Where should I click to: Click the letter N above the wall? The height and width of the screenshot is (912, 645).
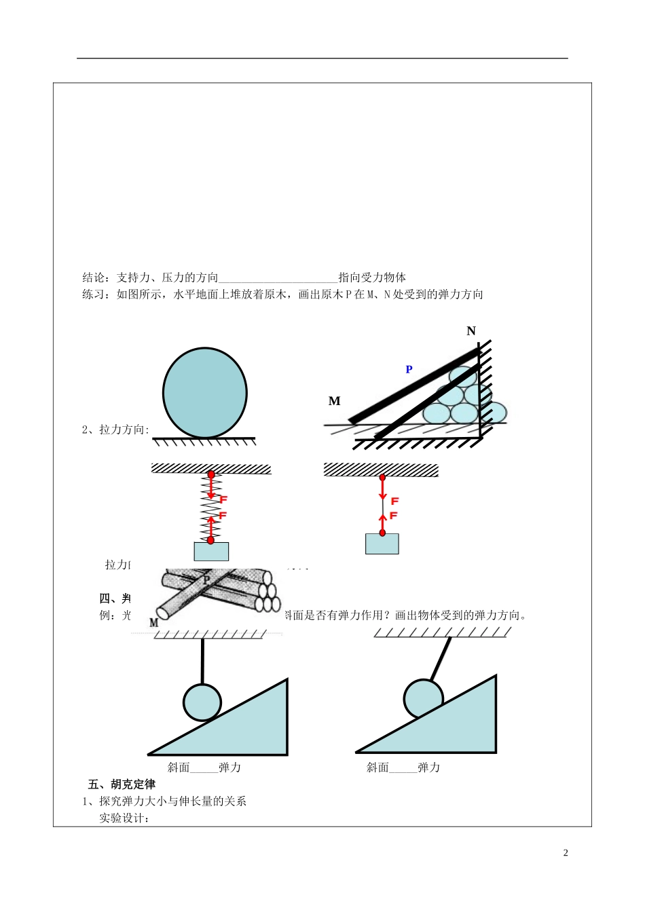[471, 331]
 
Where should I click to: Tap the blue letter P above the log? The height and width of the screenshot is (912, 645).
[409, 370]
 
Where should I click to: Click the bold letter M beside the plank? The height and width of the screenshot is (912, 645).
[334, 401]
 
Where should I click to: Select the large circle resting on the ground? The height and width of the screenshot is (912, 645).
[204, 394]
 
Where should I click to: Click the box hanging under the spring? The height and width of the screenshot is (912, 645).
[210, 551]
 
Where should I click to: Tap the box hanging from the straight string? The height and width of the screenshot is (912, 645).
[382, 544]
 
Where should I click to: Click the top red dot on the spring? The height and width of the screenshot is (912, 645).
[211, 475]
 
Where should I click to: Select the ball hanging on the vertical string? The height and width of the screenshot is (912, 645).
[202, 702]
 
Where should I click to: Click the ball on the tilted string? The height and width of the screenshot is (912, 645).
[423, 698]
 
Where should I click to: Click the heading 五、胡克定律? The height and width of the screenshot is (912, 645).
[122, 784]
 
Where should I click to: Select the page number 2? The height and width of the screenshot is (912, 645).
[566, 853]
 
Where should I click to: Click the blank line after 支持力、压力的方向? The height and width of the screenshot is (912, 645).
[278, 278]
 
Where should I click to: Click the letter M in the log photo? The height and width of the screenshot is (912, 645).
[153, 622]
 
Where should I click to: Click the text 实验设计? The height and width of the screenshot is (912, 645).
[124, 818]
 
